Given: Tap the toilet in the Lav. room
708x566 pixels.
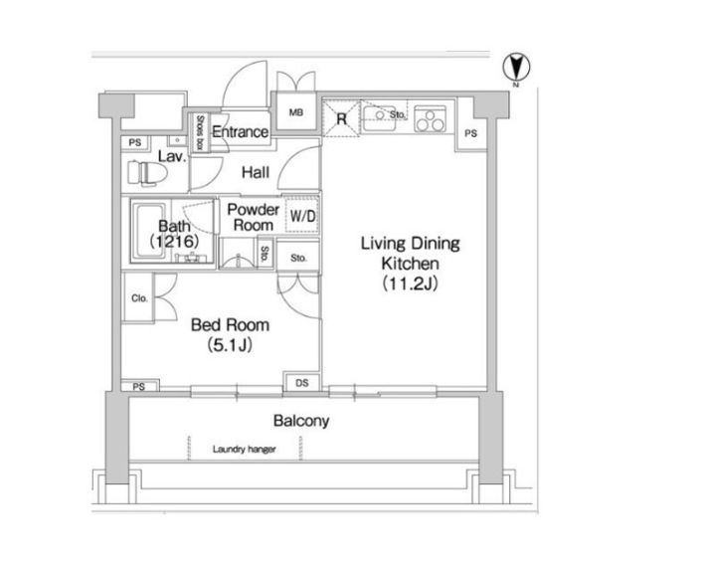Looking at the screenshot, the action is (x=147, y=172).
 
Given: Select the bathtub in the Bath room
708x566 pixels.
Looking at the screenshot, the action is (x=150, y=232).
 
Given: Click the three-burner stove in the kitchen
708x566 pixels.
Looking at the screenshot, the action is (x=430, y=119).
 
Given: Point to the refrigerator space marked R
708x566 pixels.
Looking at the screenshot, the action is (x=341, y=118).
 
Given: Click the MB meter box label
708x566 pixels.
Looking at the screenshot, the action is (x=296, y=112).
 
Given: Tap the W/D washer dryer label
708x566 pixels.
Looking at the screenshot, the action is (x=302, y=216).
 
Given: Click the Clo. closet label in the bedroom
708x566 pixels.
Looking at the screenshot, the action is (x=139, y=298).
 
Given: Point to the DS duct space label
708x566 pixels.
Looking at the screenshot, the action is (x=302, y=383).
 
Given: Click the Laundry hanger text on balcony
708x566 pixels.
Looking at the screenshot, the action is (x=245, y=450).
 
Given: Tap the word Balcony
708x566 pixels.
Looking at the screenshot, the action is (x=301, y=421).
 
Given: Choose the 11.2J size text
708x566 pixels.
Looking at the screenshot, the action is (x=411, y=283).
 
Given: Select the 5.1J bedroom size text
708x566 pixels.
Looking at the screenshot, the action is (x=230, y=345).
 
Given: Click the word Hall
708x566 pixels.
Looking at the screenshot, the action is (x=256, y=172).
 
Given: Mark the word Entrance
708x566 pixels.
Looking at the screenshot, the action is (x=241, y=132).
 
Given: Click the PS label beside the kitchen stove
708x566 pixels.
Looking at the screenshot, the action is (x=471, y=133).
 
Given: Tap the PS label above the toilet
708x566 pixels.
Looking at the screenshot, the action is (x=135, y=142).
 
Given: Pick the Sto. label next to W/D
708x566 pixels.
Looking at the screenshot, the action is (x=298, y=258).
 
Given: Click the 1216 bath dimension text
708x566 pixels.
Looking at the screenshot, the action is (x=174, y=242).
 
